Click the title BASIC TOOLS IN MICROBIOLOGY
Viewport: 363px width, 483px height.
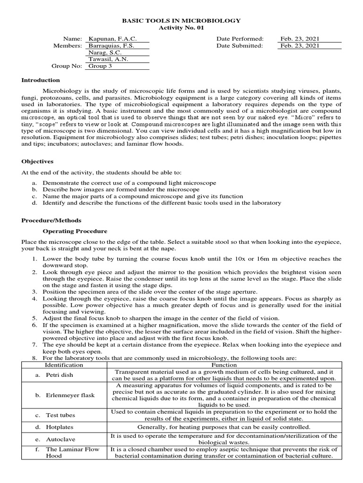click(181, 21)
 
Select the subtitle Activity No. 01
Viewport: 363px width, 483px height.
click(181, 28)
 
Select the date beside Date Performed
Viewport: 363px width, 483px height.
click(300, 39)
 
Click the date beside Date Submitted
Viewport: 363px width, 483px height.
click(300, 46)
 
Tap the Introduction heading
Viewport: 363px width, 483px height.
click(41, 80)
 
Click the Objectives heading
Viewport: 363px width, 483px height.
click(37, 161)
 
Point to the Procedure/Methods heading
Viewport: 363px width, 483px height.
click(52, 220)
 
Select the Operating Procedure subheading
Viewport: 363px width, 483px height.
click(75, 231)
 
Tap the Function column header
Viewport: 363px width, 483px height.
click(224, 365)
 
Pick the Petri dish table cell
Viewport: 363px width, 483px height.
click(60, 375)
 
